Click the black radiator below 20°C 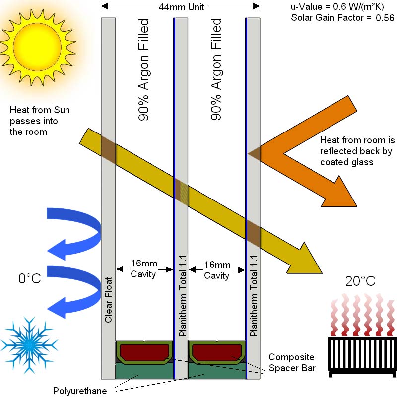pyautogui.click(x=362, y=353)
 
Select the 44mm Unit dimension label pyautogui.click(x=181, y=7)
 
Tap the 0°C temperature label pyautogui.click(x=29, y=279)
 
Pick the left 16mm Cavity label pyautogui.click(x=144, y=269)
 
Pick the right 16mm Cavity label pyautogui.click(x=217, y=269)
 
